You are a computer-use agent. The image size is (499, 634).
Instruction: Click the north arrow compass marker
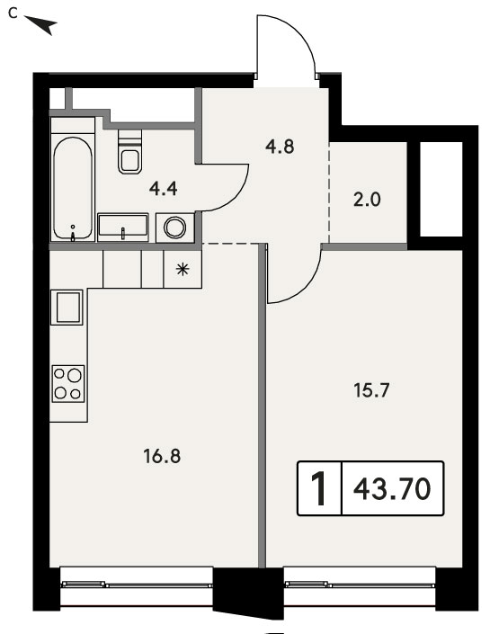tap(41, 24)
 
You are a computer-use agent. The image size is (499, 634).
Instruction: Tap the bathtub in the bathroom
tap(73, 189)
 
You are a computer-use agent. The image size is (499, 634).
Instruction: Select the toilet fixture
tap(130, 151)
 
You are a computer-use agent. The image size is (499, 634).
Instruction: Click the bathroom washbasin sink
tap(123, 228)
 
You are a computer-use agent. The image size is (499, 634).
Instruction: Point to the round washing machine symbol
tap(175, 228)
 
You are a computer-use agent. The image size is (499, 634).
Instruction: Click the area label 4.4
tap(163, 189)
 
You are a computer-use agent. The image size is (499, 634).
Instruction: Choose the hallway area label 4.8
tap(280, 147)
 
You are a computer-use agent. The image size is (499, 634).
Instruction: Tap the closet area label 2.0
tap(367, 200)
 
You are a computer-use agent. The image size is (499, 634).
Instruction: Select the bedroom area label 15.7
tap(371, 390)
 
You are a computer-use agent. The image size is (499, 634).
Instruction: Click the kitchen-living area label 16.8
tap(162, 456)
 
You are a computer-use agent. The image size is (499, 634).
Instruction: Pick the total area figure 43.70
tap(392, 488)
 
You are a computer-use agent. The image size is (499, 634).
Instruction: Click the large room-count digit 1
tap(319, 488)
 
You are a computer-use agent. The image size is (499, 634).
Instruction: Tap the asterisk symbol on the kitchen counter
tap(183, 269)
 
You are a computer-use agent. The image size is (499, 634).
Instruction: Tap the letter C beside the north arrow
tap(13, 13)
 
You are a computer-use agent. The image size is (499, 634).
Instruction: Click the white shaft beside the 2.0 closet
tap(441, 189)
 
